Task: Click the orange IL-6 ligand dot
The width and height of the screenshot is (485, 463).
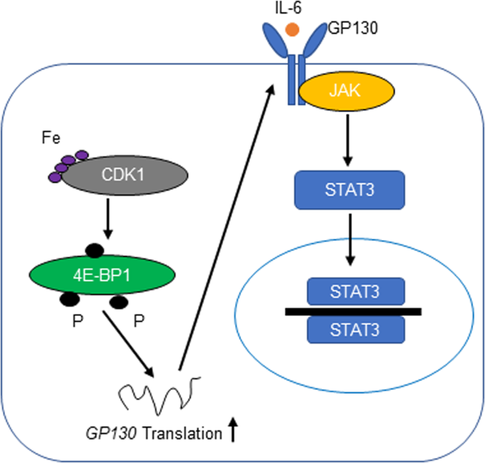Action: (x=292, y=30)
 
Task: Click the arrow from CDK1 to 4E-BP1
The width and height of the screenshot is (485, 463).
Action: (x=105, y=220)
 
